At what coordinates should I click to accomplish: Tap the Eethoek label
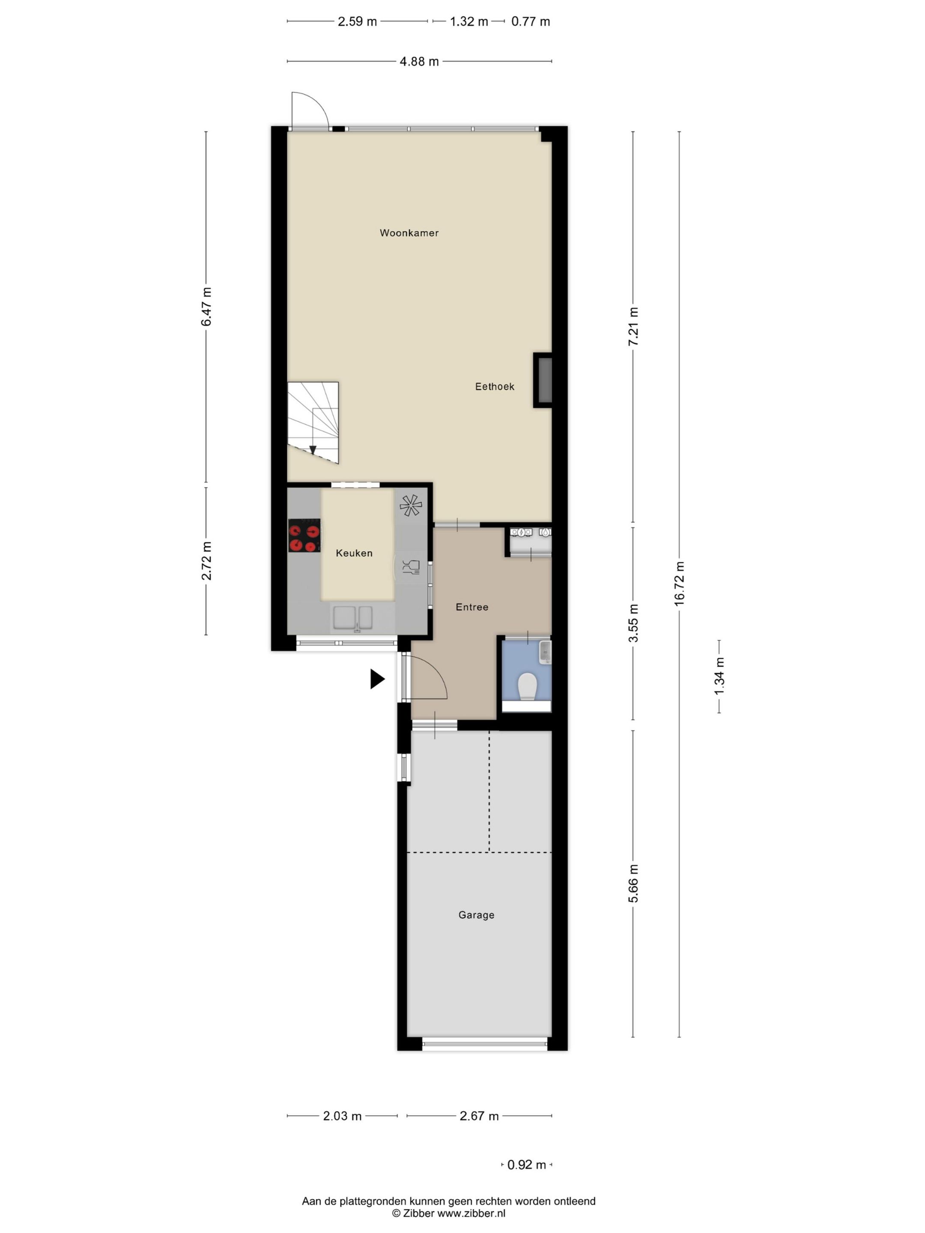coord(495,386)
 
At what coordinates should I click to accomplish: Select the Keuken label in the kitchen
coord(354,553)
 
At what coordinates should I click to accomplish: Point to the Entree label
coord(471,607)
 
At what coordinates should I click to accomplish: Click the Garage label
coord(476,915)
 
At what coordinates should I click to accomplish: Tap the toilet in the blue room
coord(526,687)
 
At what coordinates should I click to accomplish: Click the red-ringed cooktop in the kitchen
coord(304,535)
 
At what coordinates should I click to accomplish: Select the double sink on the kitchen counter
coord(353,618)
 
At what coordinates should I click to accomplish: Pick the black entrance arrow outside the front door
coord(377,679)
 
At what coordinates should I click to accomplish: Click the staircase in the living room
coord(313,423)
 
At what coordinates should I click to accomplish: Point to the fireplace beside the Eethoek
coord(543,380)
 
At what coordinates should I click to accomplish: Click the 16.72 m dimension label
coord(679,584)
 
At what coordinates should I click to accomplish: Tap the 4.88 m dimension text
coord(419,61)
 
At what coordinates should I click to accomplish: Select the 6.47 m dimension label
coord(206,307)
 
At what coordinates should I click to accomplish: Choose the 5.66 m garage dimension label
coord(633,884)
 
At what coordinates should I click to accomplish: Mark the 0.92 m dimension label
coord(526,1164)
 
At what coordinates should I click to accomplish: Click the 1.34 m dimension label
coord(719,676)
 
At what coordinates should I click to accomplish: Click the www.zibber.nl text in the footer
coord(471,1213)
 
